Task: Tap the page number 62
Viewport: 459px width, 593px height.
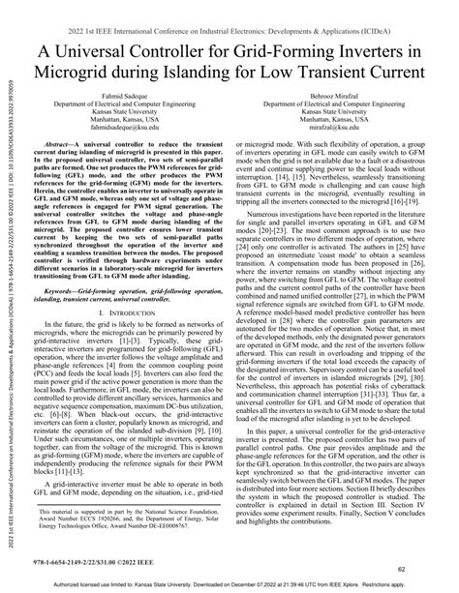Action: pos(427,570)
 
